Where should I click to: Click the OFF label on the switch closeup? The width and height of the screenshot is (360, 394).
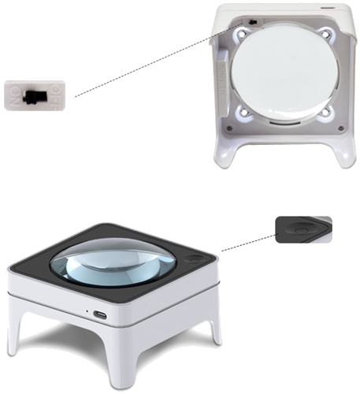pos(56,95)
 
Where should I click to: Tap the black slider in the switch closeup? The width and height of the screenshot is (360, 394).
pos(34,95)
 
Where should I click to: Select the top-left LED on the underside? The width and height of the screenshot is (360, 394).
pos(241,35)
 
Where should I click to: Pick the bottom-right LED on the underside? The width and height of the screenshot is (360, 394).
pos(326,113)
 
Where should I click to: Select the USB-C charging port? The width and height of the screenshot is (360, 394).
pos(102,315)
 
